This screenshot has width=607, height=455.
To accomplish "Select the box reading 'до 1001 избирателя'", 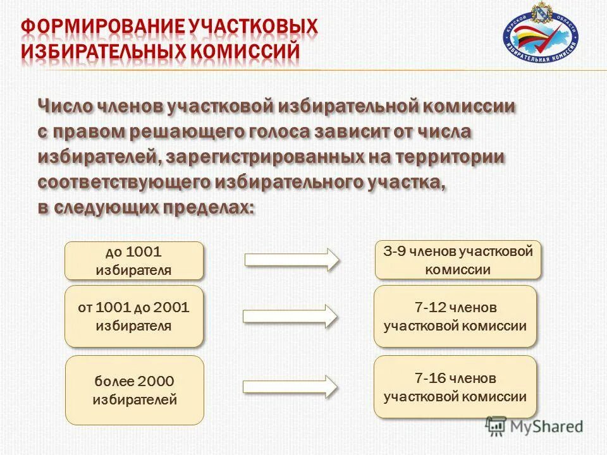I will [x=134, y=261].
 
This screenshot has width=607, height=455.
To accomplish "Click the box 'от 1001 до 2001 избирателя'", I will [x=134, y=316].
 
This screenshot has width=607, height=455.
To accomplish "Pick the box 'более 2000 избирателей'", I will [x=134, y=389].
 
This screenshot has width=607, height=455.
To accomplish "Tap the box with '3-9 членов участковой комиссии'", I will [x=458, y=260].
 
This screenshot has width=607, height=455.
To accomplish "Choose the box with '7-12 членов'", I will [x=455, y=316].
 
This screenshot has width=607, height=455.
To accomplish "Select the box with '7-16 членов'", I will [x=455, y=387].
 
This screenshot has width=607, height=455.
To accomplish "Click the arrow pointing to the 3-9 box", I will [x=291, y=260].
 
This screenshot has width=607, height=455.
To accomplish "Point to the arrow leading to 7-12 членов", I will [x=291, y=316].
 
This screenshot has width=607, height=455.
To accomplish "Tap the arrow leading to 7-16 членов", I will [x=291, y=387].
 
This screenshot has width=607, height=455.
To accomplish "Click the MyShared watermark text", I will [x=546, y=426].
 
